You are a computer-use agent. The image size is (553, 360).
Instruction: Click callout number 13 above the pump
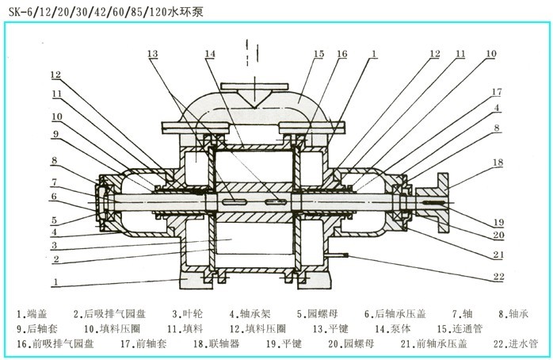tap(152, 53)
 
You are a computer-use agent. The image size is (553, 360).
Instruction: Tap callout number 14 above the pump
tap(210, 54)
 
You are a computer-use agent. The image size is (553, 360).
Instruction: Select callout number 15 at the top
tap(318, 53)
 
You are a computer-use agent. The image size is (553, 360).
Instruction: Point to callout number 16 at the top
tap(341, 54)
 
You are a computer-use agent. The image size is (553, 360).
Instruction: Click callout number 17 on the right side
tap(496, 92)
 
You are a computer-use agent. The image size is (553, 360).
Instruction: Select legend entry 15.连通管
tap(458, 327)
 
